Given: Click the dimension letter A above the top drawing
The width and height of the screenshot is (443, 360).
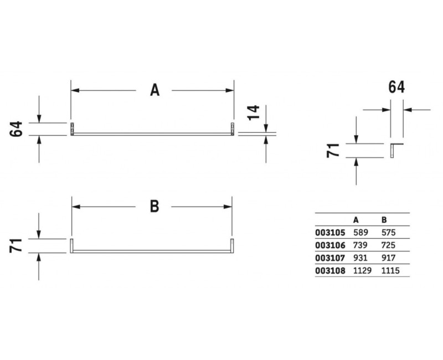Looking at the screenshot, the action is pyautogui.click(x=155, y=90).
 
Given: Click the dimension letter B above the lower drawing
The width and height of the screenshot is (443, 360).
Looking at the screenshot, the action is pyautogui.click(x=154, y=206).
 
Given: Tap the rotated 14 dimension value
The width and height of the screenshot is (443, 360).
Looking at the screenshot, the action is pyautogui.click(x=254, y=112).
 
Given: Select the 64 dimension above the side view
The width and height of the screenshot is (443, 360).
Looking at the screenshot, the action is pyautogui.click(x=396, y=87).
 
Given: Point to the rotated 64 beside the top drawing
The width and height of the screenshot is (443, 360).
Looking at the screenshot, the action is pyautogui.click(x=16, y=129).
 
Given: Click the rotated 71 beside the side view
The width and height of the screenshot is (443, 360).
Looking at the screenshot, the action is pyautogui.click(x=333, y=150).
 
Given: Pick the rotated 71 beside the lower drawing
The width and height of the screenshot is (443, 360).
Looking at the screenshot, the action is pyautogui.click(x=16, y=245).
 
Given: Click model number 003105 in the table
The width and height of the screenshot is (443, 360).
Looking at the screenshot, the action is pyautogui.click(x=330, y=233).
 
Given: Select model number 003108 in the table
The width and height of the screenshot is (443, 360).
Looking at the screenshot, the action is pyautogui.click(x=330, y=271).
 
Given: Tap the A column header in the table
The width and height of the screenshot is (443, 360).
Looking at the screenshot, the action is pyautogui.click(x=356, y=220).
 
